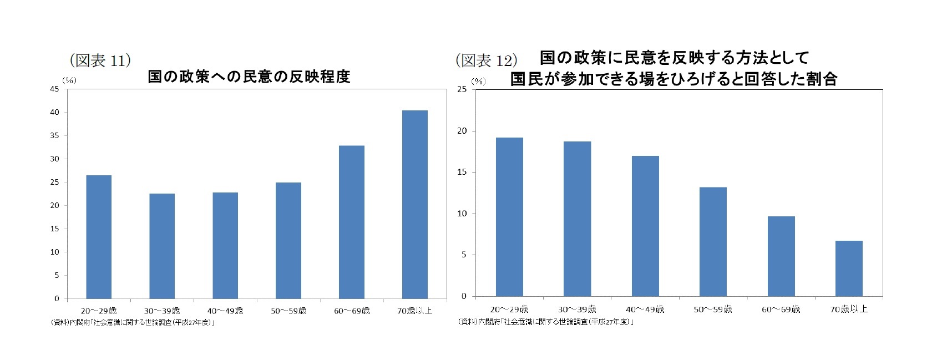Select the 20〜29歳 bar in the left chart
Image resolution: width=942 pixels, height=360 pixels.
[x=99, y=237]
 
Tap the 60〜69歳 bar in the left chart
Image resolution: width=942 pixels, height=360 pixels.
[x=352, y=222]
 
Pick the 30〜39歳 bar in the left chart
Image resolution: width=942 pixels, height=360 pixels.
[x=162, y=246]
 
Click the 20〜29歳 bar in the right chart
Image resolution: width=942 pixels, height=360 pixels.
[x=509, y=217]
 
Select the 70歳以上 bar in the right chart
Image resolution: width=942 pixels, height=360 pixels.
[x=849, y=268]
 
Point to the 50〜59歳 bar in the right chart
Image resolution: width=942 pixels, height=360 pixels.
[x=713, y=242]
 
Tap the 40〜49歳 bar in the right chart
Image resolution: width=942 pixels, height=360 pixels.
[x=645, y=226]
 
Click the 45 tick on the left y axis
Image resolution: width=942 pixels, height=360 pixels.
[x=55, y=89]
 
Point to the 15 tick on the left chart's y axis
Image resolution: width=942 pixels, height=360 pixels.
[x=55, y=229]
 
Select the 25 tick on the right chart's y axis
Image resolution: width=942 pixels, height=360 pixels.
[x=462, y=90]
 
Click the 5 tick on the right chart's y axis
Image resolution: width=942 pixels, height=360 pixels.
[x=464, y=255]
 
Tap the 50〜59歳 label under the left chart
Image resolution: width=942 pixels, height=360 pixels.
[x=288, y=311]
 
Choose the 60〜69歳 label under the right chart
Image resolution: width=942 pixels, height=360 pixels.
[x=781, y=309]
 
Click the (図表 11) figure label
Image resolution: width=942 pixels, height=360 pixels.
[x=100, y=60]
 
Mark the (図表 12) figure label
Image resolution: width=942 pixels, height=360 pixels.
[x=487, y=60]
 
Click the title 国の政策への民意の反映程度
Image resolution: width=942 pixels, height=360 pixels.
[x=249, y=77]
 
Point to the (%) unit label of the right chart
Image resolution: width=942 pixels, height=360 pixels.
[x=478, y=81]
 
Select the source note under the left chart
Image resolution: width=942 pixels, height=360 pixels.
[x=133, y=322]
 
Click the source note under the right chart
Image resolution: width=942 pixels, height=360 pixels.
[x=546, y=321]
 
